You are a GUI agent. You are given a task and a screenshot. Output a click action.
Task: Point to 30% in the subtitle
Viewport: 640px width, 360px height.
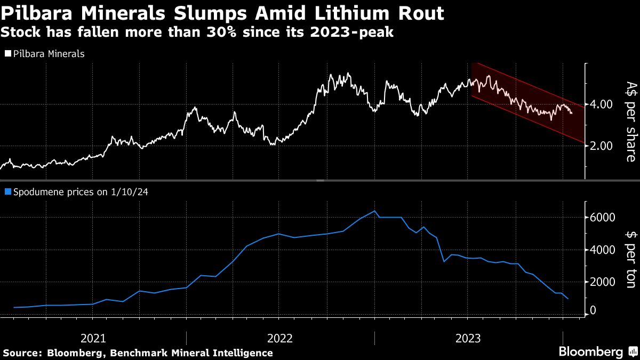click(229, 33)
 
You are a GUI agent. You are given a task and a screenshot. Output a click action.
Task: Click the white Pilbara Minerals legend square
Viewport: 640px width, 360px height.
click(7, 54)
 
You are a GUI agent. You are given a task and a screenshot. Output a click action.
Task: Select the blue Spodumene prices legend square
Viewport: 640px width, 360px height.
click(7, 191)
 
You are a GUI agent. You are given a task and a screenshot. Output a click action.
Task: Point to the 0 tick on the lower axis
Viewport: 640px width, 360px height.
click(593, 311)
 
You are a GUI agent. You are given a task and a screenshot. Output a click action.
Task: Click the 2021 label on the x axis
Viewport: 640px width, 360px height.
click(93, 338)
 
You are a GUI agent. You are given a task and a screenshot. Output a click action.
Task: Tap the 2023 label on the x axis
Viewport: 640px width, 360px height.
click(468, 338)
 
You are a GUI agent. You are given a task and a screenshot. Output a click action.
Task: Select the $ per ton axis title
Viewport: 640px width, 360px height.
click(629, 259)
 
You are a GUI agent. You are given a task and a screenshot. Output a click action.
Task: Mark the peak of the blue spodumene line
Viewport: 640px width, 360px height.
click(374, 211)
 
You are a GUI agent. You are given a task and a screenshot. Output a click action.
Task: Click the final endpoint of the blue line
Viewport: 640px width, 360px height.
click(568, 299)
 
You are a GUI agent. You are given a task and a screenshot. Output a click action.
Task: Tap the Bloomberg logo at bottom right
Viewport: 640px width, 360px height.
click(590, 352)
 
